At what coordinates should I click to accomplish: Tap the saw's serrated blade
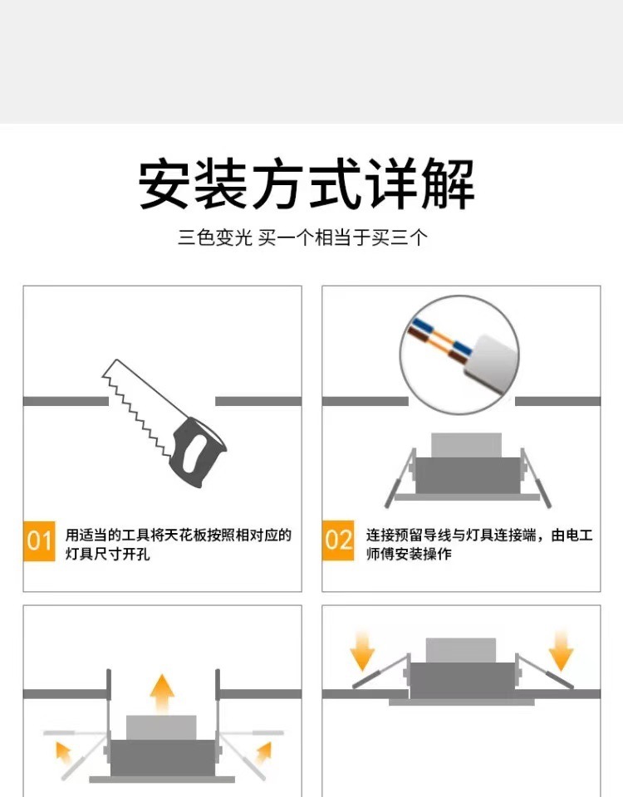point(140,402)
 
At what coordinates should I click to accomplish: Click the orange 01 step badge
point(39,540)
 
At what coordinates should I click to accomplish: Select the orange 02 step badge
point(338,540)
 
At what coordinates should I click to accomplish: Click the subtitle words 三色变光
point(214,237)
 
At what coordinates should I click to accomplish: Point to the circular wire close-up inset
point(459,354)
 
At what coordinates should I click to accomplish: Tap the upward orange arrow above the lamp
point(162,694)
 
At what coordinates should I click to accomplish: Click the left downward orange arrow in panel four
point(363,651)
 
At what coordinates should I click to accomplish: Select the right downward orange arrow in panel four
point(561,651)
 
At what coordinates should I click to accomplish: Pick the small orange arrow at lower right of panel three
point(264,753)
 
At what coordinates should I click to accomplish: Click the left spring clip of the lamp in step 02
point(400,478)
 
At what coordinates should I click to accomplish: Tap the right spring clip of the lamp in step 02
point(536,478)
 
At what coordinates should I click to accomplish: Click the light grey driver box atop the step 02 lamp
point(466,445)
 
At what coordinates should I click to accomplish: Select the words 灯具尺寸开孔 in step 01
point(107,554)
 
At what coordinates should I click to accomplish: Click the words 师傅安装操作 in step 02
point(409,554)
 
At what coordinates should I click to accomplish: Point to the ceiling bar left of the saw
point(66,402)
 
